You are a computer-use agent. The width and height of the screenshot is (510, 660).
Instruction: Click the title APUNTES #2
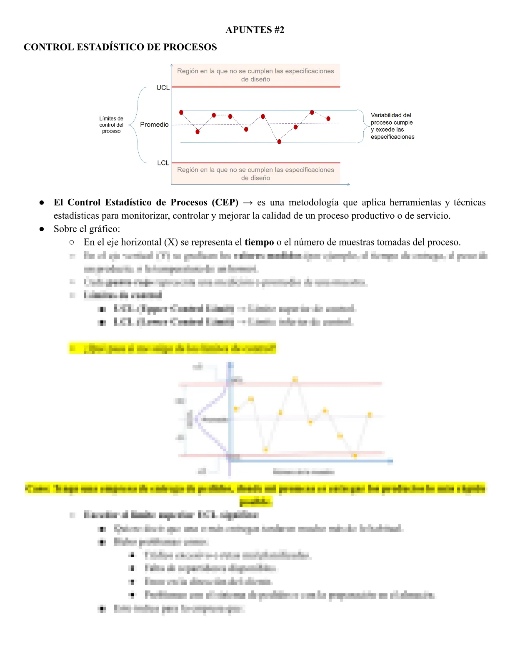click(255, 30)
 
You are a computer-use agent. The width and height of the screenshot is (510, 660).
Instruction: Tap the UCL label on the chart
click(163, 87)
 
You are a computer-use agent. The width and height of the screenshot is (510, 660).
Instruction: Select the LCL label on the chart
click(163, 163)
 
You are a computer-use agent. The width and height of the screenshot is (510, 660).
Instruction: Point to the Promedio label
click(154, 125)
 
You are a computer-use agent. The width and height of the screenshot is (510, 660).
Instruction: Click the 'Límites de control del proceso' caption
click(111, 125)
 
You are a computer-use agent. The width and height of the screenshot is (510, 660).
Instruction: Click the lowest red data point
click(279, 142)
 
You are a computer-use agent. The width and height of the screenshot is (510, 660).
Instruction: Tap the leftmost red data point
click(181, 112)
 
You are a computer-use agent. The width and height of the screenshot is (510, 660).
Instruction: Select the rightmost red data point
click(328, 119)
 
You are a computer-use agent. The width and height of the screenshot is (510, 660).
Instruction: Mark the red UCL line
click(256, 87)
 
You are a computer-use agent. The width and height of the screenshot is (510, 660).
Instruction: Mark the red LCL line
click(256, 163)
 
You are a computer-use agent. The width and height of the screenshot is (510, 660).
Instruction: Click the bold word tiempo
click(259, 242)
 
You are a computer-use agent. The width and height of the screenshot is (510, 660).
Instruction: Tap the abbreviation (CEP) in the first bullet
click(225, 202)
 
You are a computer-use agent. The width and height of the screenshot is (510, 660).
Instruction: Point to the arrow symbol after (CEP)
click(247, 203)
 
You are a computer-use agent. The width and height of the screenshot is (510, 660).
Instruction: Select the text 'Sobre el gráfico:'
click(87, 229)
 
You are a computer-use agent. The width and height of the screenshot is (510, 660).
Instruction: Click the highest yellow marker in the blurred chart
click(295, 379)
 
